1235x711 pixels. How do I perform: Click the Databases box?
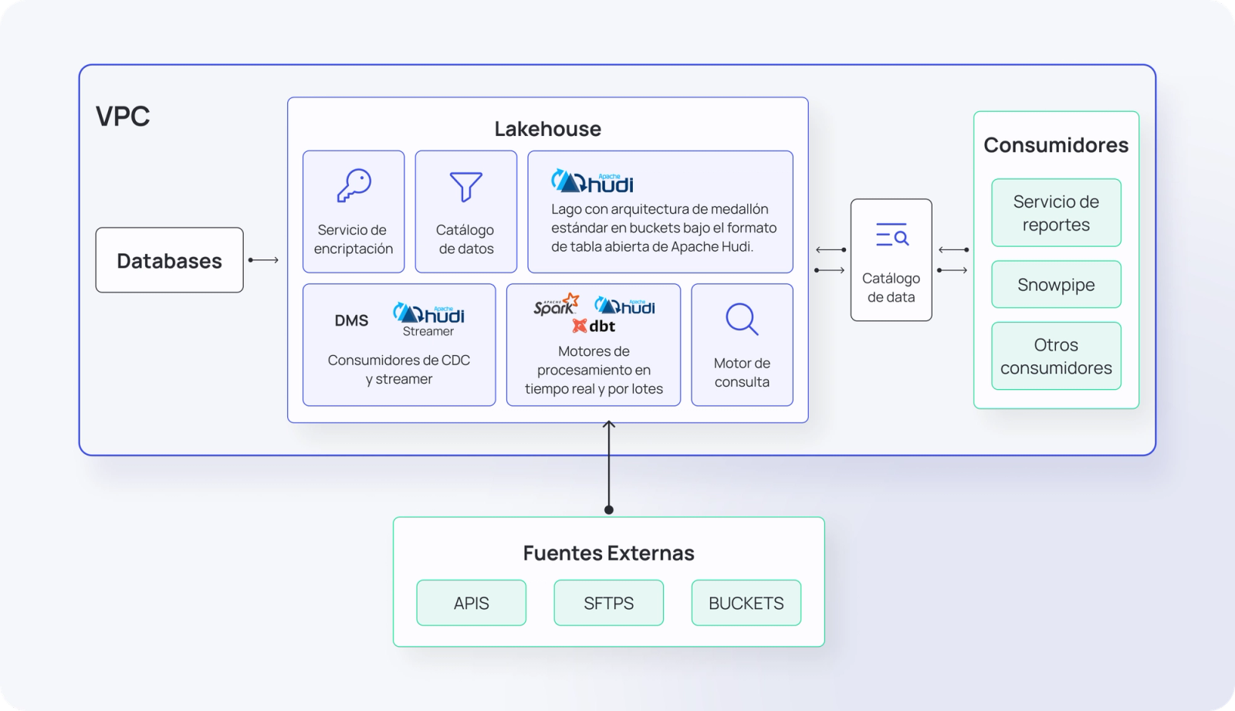pyautogui.click(x=169, y=260)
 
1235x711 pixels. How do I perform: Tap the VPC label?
pyautogui.click(x=123, y=116)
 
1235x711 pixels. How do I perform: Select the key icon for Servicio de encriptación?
pyautogui.click(x=354, y=185)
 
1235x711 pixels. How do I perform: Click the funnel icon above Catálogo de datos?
pyautogui.click(x=466, y=187)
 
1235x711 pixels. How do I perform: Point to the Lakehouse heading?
pyautogui.click(x=547, y=128)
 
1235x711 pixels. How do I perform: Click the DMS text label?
pyautogui.click(x=351, y=320)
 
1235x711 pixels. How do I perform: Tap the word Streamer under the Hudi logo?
pyautogui.click(x=428, y=331)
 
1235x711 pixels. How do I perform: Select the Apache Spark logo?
pyautogui.click(x=556, y=304)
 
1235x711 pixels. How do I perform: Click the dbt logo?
pyautogui.click(x=594, y=326)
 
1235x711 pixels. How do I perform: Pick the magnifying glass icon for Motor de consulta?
pyautogui.click(x=742, y=319)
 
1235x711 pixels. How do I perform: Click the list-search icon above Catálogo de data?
pyautogui.click(x=892, y=235)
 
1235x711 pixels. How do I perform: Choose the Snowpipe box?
pyautogui.click(x=1056, y=285)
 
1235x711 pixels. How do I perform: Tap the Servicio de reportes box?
pyautogui.click(x=1056, y=212)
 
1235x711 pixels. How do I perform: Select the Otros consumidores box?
pyautogui.click(x=1056, y=356)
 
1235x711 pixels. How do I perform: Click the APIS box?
pyautogui.click(x=472, y=603)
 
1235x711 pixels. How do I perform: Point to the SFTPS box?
pyautogui.click(x=609, y=603)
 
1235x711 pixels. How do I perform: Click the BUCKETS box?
pyautogui.click(x=746, y=603)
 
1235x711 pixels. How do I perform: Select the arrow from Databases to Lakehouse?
pyautogui.click(x=263, y=260)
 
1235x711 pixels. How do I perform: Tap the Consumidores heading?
pyautogui.click(x=1056, y=145)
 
